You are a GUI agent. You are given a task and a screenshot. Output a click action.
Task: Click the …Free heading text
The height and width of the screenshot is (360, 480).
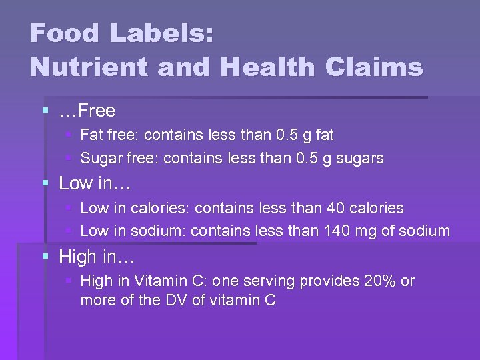pyautogui.click(x=87, y=111)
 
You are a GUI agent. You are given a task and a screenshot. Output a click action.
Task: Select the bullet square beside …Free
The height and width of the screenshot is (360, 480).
pyautogui.click(x=45, y=110)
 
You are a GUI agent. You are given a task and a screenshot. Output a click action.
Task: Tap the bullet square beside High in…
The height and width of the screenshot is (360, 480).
pyautogui.click(x=45, y=255)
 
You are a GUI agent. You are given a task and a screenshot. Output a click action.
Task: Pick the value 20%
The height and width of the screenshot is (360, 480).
pyautogui.click(x=380, y=281)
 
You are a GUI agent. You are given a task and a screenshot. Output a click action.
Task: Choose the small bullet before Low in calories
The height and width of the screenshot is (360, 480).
pyautogui.click(x=69, y=209)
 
